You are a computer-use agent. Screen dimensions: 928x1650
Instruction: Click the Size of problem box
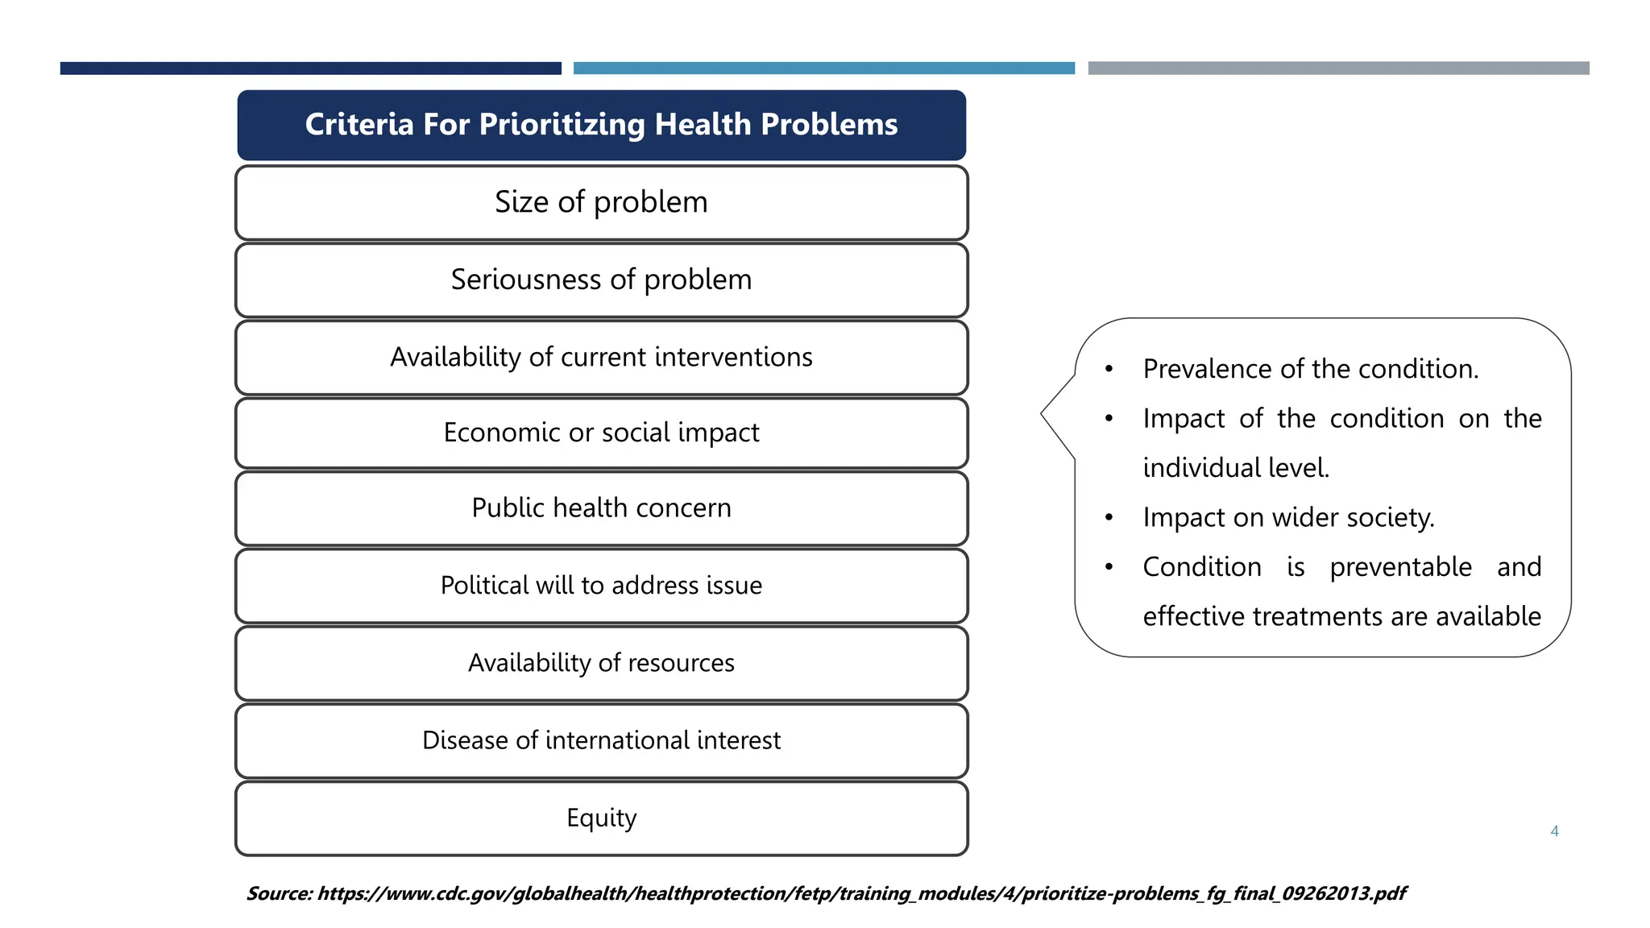pyautogui.click(x=601, y=202)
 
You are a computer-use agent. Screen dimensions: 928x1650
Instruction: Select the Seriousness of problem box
pyautogui.click(x=601, y=280)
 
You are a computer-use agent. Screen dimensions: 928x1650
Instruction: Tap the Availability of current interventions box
pyautogui.click(x=601, y=357)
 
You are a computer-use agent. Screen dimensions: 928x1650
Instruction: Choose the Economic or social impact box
pyautogui.click(x=601, y=433)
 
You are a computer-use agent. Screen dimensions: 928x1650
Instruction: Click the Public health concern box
pyautogui.click(x=601, y=508)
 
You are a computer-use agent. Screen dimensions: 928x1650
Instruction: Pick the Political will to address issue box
pyautogui.click(x=601, y=586)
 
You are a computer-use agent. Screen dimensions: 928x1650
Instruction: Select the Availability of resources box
pyautogui.click(x=601, y=663)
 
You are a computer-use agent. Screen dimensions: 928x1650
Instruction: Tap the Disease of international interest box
pyautogui.click(x=601, y=740)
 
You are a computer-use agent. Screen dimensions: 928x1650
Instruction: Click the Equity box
pyautogui.click(x=601, y=818)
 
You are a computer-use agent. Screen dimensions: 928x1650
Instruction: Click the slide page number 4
pyautogui.click(x=1554, y=831)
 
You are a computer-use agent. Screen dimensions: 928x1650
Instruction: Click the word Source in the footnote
pyautogui.click(x=278, y=893)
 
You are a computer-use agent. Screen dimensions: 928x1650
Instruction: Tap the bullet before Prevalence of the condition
pyautogui.click(x=1109, y=369)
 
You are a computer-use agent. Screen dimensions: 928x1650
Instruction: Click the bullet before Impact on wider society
pyautogui.click(x=1109, y=517)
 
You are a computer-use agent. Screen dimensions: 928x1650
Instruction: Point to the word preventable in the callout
pyautogui.click(x=1400, y=567)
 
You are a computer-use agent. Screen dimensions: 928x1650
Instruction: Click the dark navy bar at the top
pyautogui.click(x=310, y=68)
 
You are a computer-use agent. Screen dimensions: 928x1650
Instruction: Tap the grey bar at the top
pyautogui.click(x=1338, y=68)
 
